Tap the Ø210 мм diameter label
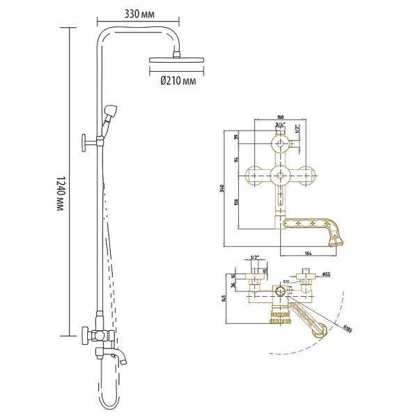(x=178, y=82)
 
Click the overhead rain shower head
(x=178, y=62)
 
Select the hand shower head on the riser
(x=112, y=111)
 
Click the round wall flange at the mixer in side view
(x=84, y=335)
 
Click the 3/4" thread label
(x=281, y=125)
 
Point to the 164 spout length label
(x=309, y=252)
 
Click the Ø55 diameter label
(x=326, y=274)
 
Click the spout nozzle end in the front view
(x=336, y=238)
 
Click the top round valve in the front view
(x=281, y=145)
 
